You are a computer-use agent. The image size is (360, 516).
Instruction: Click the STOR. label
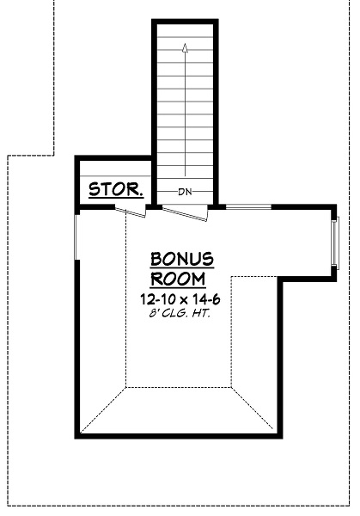click(117, 189)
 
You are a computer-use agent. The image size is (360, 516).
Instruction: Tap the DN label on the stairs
click(184, 191)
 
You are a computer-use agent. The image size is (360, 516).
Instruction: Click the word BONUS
click(180, 259)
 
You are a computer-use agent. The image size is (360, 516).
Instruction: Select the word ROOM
click(179, 279)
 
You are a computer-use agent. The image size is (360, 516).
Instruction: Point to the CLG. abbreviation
click(174, 313)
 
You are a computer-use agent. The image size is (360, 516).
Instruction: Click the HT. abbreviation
click(202, 313)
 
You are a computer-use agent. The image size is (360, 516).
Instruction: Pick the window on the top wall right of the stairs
click(247, 206)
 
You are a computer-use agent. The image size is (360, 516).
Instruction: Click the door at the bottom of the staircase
click(184, 213)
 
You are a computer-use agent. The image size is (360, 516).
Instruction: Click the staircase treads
click(184, 112)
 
